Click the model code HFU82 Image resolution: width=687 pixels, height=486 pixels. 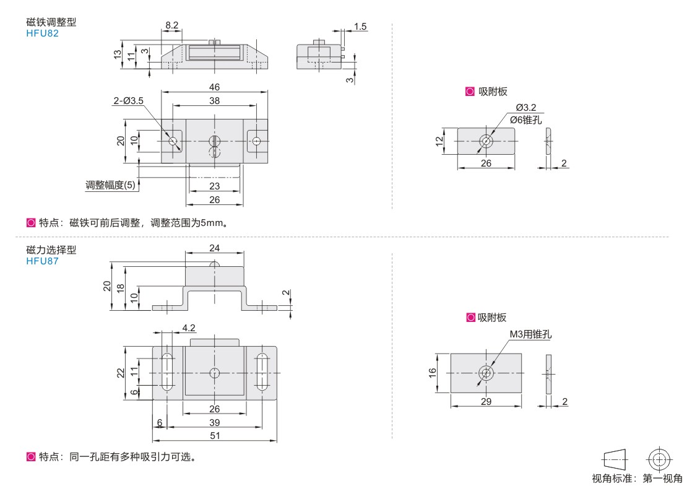[x=40, y=33]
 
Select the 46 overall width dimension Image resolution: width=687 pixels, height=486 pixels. [x=214, y=87]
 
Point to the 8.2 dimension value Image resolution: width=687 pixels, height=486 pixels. [x=171, y=24]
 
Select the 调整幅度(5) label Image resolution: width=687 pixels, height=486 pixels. [x=111, y=185]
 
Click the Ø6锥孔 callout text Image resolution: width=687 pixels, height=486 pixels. [x=525, y=119]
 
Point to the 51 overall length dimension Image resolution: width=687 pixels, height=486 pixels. [x=214, y=435]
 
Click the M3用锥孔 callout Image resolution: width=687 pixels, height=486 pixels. [x=530, y=334]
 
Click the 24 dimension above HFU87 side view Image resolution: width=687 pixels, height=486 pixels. [x=215, y=248]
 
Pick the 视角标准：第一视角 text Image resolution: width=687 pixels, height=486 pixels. [x=637, y=477]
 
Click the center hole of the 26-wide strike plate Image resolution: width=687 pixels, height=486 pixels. [x=486, y=141]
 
